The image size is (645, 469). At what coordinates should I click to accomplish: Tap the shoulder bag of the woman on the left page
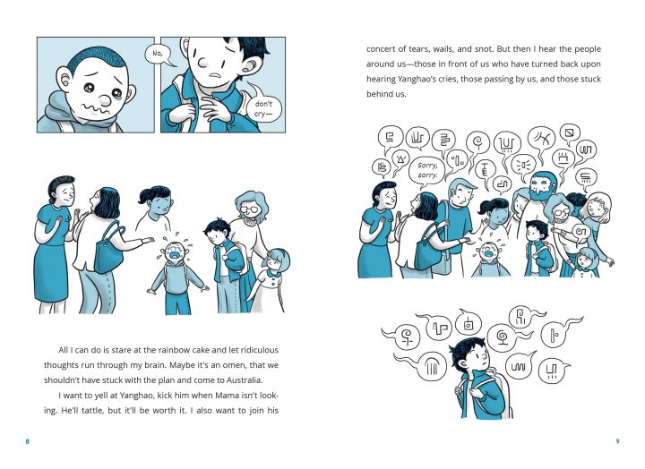(109, 253)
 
